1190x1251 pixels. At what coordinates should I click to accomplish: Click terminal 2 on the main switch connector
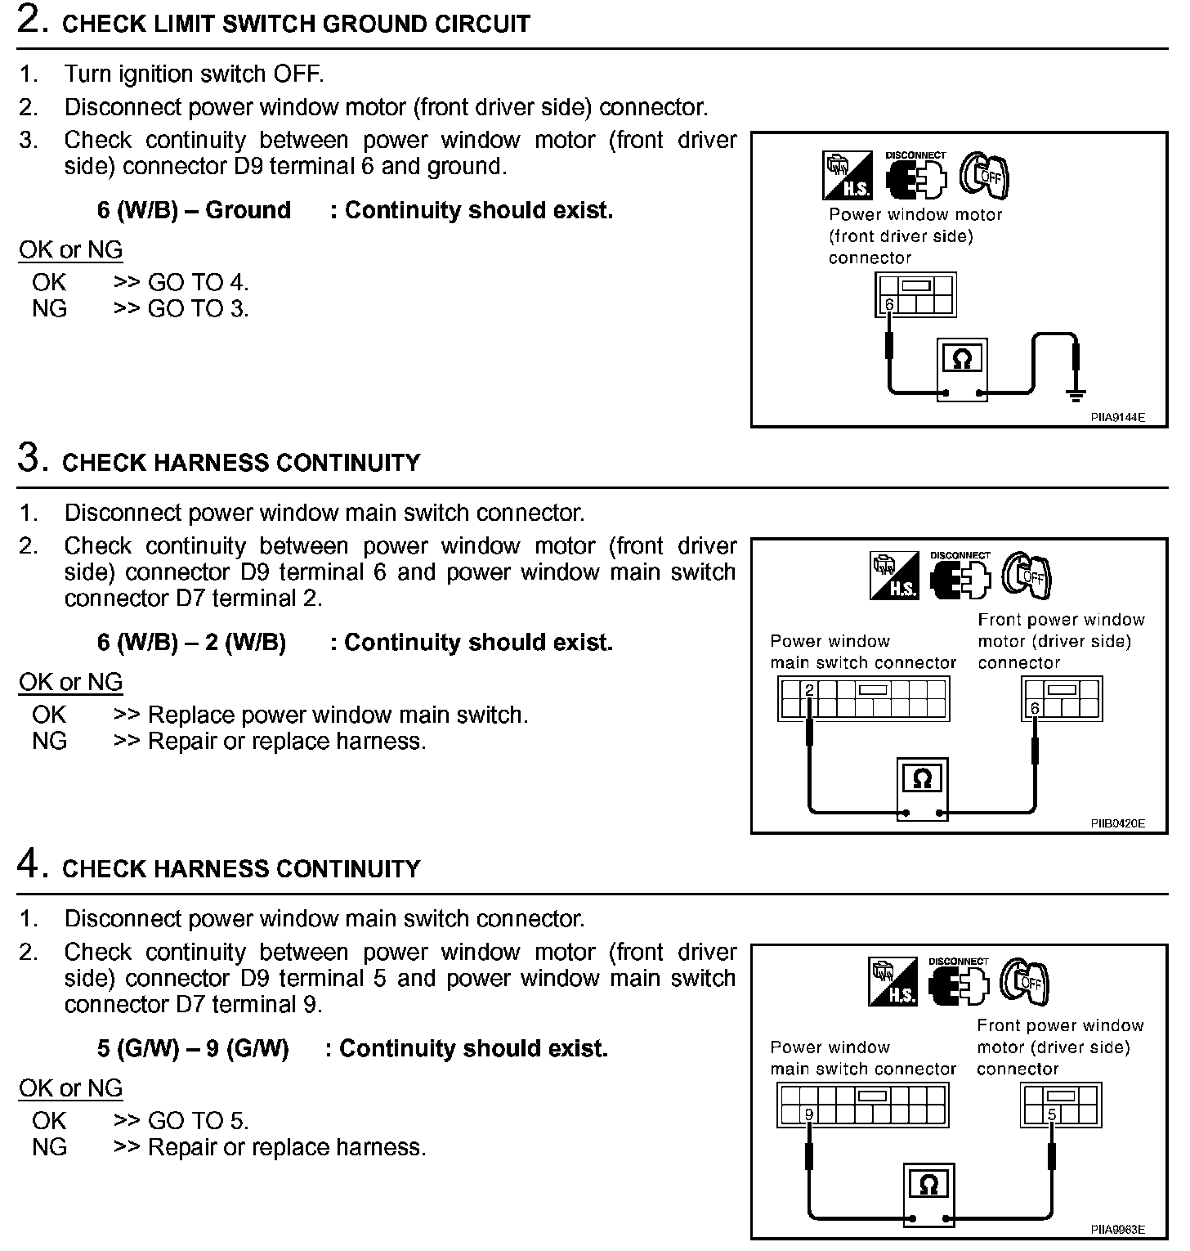[809, 690]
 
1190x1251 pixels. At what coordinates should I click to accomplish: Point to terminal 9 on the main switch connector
[808, 1114]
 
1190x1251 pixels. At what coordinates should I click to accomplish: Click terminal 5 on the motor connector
[1052, 1114]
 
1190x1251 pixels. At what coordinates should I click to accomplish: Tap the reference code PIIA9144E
[1117, 417]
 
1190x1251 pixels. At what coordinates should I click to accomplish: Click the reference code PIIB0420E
[1117, 823]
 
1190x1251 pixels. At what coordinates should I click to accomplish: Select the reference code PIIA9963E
[1117, 1229]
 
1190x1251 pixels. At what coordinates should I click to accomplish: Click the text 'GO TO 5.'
[198, 1121]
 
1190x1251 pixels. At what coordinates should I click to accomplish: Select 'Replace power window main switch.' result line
[338, 715]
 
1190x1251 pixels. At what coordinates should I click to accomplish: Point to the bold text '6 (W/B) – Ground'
[194, 210]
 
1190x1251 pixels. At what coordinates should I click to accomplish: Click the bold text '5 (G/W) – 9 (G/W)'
[193, 1049]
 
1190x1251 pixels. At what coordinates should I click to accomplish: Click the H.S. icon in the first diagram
[847, 176]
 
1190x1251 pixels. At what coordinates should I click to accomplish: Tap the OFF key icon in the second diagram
[1028, 576]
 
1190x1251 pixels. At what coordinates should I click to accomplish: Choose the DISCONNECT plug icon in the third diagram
[960, 982]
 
